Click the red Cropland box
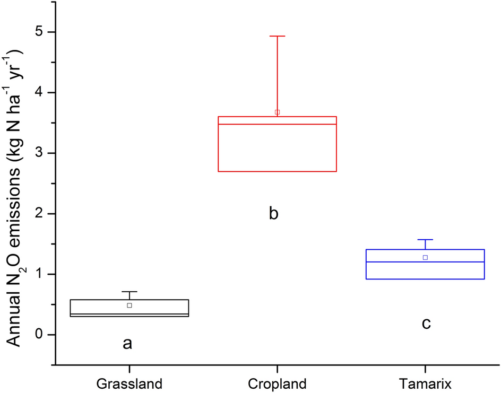(x=277, y=149)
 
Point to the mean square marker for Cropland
(x=277, y=112)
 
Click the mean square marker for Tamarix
(x=425, y=257)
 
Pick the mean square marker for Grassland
(x=129, y=305)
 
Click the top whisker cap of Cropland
(x=277, y=36)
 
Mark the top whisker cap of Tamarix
(x=425, y=240)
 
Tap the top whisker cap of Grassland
(x=129, y=292)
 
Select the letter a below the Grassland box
(x=127, y=343)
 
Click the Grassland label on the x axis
(x=129, y=383)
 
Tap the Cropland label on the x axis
(x=277, y=383)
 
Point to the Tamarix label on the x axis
(x=425, y=383)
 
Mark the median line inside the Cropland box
(x=277, y=124)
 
